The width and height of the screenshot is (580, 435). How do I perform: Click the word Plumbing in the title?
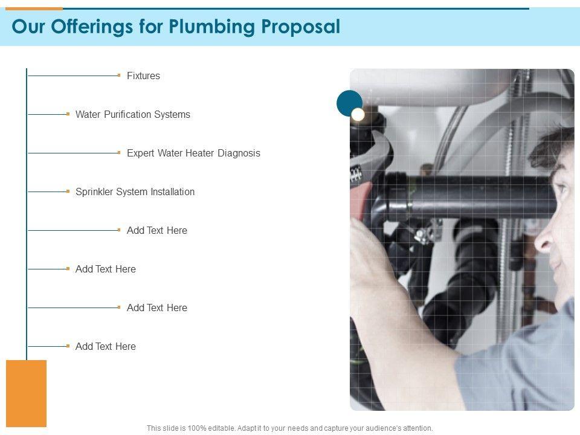[212, 27]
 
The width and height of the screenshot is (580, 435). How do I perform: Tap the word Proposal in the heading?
[301, 27]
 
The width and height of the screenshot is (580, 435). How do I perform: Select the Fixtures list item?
[144, 76]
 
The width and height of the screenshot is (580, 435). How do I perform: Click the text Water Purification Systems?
[133, 115]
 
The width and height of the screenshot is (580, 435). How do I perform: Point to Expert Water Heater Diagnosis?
[193, 153]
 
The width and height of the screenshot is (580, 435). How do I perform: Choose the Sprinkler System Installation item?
[135, 192]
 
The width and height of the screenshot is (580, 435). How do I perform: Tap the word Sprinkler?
[94, 192]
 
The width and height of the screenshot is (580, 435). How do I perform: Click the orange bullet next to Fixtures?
[119, 76]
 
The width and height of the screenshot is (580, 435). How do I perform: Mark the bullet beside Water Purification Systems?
[68, 114]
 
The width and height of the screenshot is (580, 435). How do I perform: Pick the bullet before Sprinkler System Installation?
[68, 192]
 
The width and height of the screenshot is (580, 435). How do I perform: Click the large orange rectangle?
[26, 393]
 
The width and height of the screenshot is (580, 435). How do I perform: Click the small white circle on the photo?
[358, 115]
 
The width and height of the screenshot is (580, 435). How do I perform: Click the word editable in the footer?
[221, 428]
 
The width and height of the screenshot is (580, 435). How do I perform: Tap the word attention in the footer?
[417, 428]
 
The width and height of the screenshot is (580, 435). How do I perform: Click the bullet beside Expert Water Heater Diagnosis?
[119, 152]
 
